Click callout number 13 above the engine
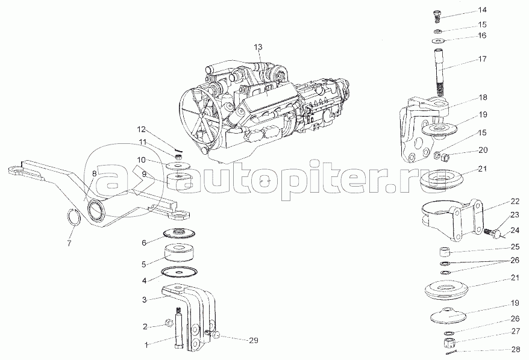click(258, 47)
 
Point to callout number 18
click(483, 98)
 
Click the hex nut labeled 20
click(445, 157)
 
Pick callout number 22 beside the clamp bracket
click(515, 202)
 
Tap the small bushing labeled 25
click(445, 252)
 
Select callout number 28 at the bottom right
click(516, 350)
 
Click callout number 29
click(254, 341)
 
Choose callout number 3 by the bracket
click(145, 300)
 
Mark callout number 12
click(141, 129)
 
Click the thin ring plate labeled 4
click(179, 272)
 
